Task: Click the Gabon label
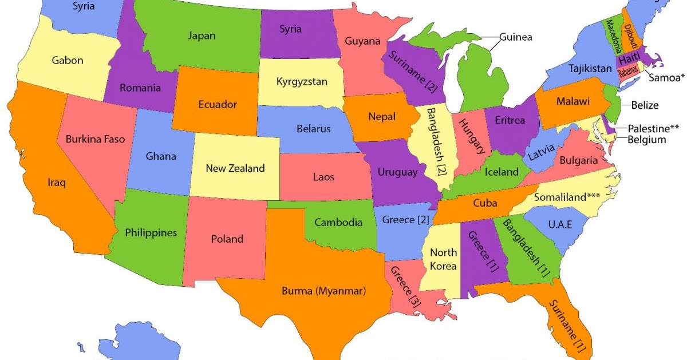[x=68, y=60]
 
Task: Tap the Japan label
[x=202, y=35]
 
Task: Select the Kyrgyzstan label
[x=302, y=81]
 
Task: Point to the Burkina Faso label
[x=95, y=139]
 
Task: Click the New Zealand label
[x=235, y=168]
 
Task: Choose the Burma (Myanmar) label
[x=323, y=291]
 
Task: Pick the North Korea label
[x=443, y=259]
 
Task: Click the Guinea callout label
[x=515, y=37]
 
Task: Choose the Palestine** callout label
[x=653, y=128]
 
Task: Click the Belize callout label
[x=645, y=105]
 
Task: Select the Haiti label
[x=629, y=59]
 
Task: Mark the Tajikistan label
[x=590, y=69]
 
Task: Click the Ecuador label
[x=218, y=105]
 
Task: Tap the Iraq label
[x=57, y=183]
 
